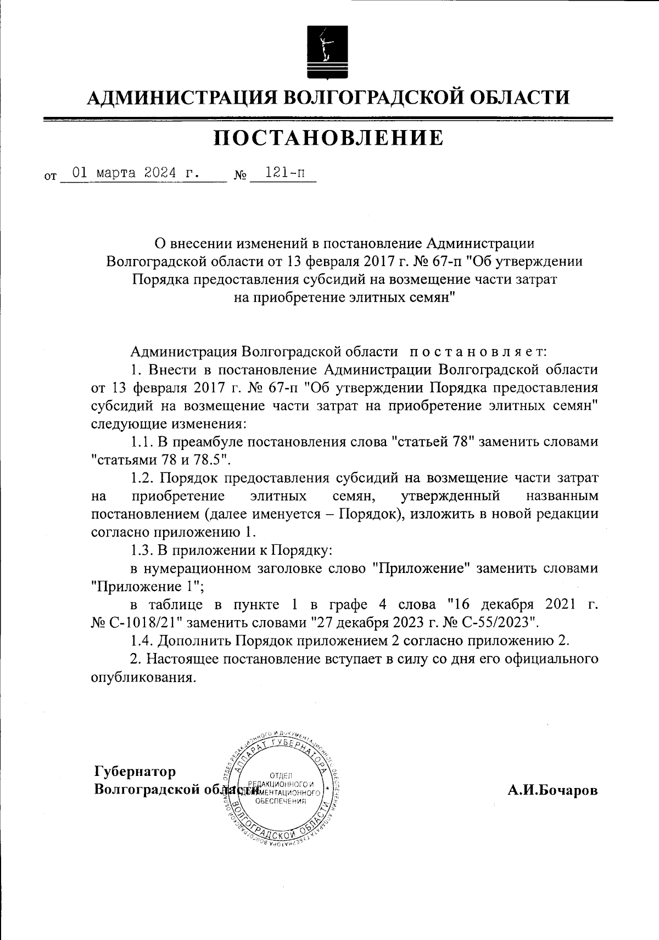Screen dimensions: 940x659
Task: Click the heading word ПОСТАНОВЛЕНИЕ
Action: pyautogui.click(x=328, y=138)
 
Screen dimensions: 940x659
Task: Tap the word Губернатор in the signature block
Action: pyautogui.click(x=135, y=772)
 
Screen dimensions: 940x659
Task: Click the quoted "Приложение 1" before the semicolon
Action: pyautogui.click(x=147, y=587)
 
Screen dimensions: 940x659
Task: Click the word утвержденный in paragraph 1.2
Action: pyautogui.click(x=450, y=496)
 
